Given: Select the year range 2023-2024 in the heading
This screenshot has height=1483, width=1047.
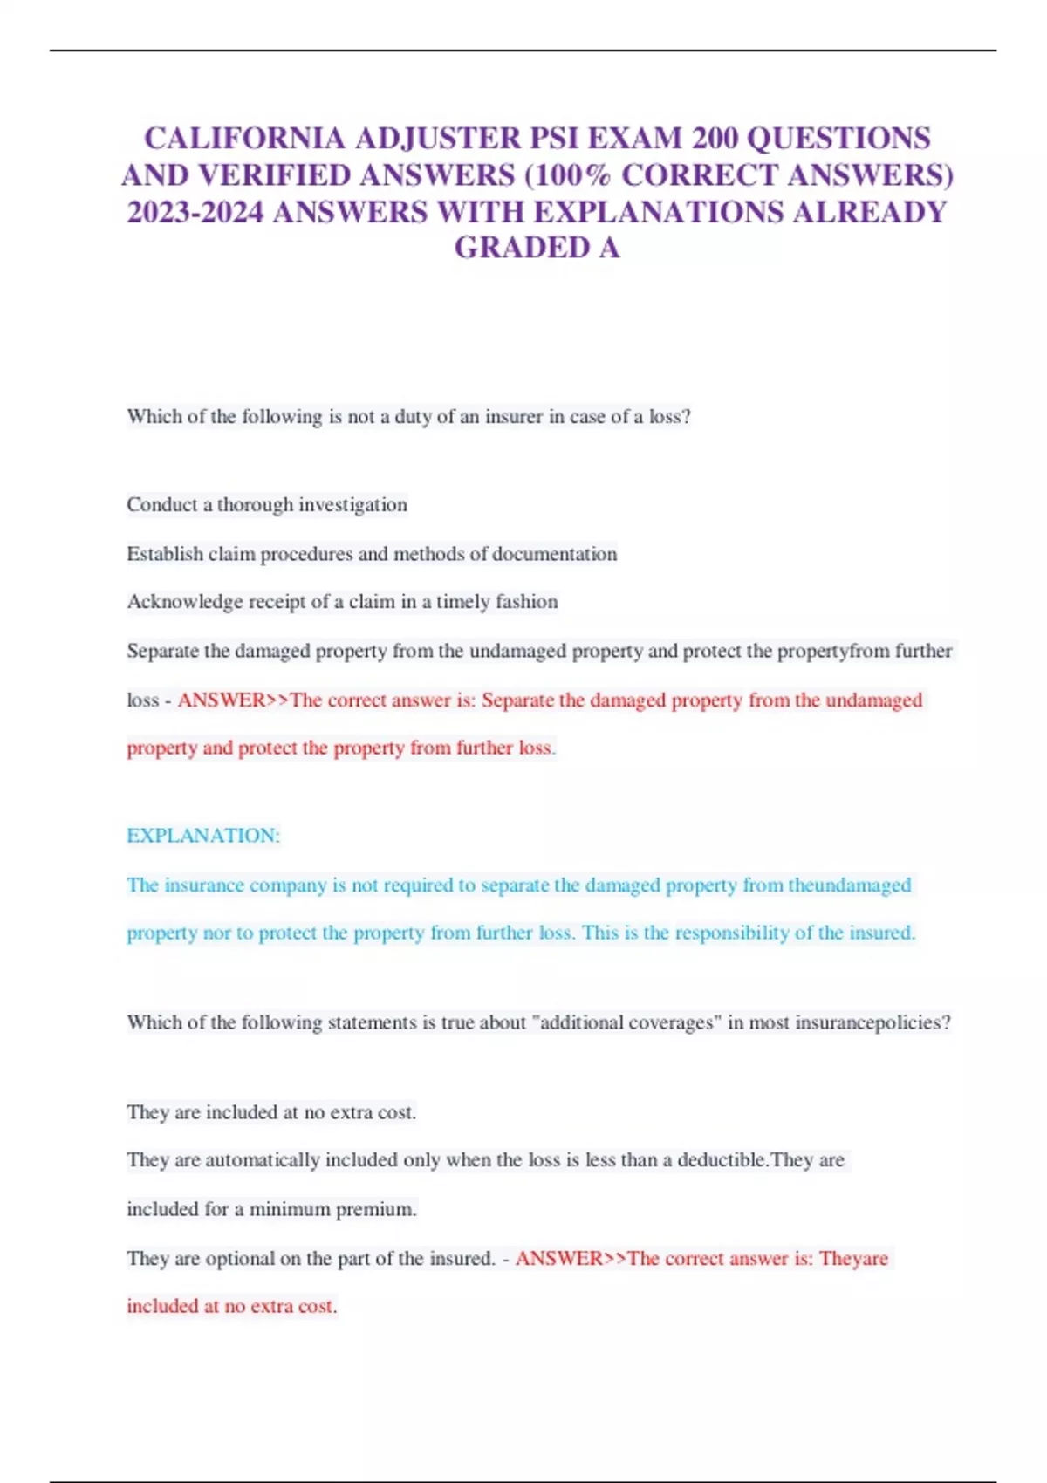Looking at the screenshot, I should pyautogui.click(x=195, y=212).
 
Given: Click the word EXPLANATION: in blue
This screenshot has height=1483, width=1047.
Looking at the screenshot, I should pyautogui.click(x=203, y=836).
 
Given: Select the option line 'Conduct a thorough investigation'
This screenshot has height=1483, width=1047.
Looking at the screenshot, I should pyautogui.click(x=266, y=505).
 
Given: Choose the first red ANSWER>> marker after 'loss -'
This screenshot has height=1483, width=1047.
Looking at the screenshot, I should pyautogui.click(x=233, y=700).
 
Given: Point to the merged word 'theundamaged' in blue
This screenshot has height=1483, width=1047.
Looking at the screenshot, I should pyautogui.click(x=849, y=885).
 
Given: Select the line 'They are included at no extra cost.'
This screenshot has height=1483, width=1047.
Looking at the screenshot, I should pyautogui.click(x=271, y=1112).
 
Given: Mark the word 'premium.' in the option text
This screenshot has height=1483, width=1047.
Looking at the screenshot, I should pyautogui.click(x=376, y=1210).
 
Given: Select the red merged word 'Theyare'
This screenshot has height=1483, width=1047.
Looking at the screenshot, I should pyautogui.click(x=853, y=1259).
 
